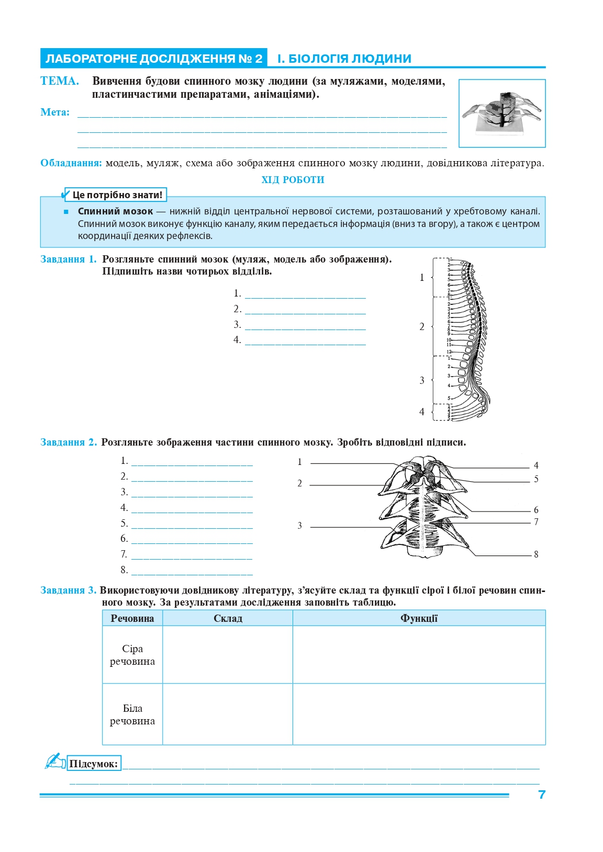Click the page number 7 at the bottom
pyautogui.click(x=542, y=794)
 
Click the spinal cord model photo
pyautogui.click(x=501, y=113)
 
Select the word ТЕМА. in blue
pyautogui.click(x=60, y=81)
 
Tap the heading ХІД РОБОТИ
pyautogui.click(x=293, y=180)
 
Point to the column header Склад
pyautogui.click(x=228, y=618)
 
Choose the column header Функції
pyautogui.click(x=419, y=618)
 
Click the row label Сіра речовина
pyautogui.click(x=132, y=655)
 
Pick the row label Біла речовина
pyautogui.click(x=132, y=714)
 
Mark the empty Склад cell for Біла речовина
pyautogui.click(x=228, y=714)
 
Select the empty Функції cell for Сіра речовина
pyautogui.click(x=419, y=655)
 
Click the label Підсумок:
pyautogui.click(x=94, y=764)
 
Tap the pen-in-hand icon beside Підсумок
pyautogui.click(x=54, y=761)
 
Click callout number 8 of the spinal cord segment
pyautogui.click(x=536, y=554)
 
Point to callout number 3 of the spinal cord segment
pyautogui.click(x=300, y=526)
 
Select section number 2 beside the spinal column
pyautogui.click(x=422, y=327)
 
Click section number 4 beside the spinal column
pyautogui.click(x=422, y=412)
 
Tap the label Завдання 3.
pyautogui.click(x=68, y=590)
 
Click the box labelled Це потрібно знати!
pyautogui.click(x=117, y=195)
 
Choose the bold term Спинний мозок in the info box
pyautogui.click(x=115, y=211)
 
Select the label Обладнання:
pyautogui.click(x=71, y=163)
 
